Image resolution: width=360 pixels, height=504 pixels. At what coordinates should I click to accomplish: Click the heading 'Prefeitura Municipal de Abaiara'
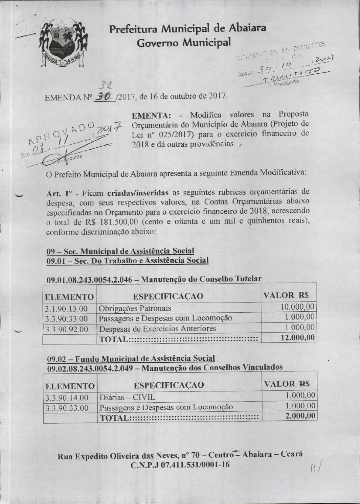pyautogui.click(x=187, y=29)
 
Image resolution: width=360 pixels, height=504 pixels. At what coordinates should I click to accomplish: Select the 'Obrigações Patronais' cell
pyautogui.click(x=135, y=308)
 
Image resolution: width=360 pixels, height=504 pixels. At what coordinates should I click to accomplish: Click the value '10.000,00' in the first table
pyautogui.click(x=298, y=307)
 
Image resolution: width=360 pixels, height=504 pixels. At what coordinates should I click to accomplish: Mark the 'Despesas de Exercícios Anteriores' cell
pyautogui.click(x=157, y=329)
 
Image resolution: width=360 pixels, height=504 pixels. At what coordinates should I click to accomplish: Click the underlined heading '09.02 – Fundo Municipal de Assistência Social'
pyautogui.click(x=131, y=358)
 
